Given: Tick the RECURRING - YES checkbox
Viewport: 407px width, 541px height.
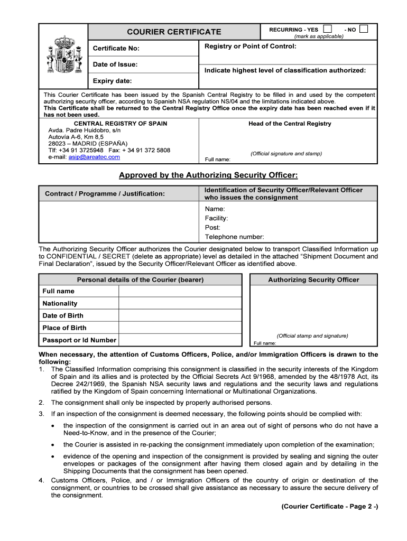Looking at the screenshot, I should tap(328, 29).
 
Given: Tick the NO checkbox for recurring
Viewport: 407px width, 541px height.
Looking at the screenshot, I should tap(363, 29).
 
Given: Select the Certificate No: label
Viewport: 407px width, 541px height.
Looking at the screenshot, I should tap(116, 49).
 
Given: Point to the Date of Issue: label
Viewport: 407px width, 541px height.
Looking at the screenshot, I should tap(115, 64).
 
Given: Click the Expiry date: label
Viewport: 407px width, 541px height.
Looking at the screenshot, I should tap(113, 81).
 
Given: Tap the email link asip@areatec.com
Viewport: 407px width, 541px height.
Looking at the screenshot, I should tap(94, 157).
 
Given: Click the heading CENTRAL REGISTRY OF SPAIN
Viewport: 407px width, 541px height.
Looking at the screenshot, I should tap(121, 124).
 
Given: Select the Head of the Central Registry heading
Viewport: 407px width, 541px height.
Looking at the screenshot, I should tap(290, 124).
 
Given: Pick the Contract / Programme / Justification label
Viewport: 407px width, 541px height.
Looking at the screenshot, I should tap(105, 194).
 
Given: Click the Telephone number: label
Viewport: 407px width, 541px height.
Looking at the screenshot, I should tap(235, 237).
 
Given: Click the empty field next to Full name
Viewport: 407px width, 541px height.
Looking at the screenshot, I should tap(180, 291).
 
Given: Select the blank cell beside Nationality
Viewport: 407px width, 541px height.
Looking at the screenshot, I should tap(180, 303).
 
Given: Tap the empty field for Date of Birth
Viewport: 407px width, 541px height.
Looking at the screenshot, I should tap(180, 315).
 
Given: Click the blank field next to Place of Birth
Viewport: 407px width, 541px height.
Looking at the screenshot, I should tap(180, 328).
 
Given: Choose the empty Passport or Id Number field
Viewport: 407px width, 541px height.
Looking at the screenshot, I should tap(180, 340).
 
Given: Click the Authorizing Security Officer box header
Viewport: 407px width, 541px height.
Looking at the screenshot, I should tap(313, 280).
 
